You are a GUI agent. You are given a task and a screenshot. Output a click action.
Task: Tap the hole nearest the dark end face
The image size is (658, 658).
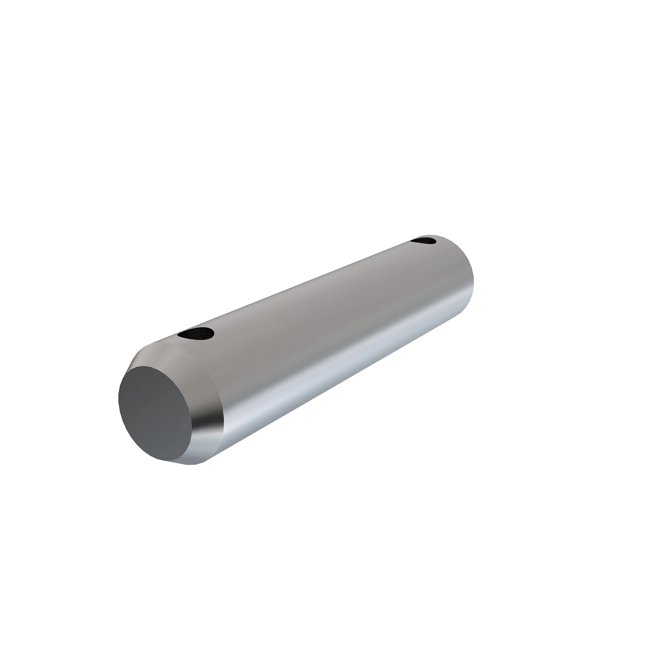click(196, 333)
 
